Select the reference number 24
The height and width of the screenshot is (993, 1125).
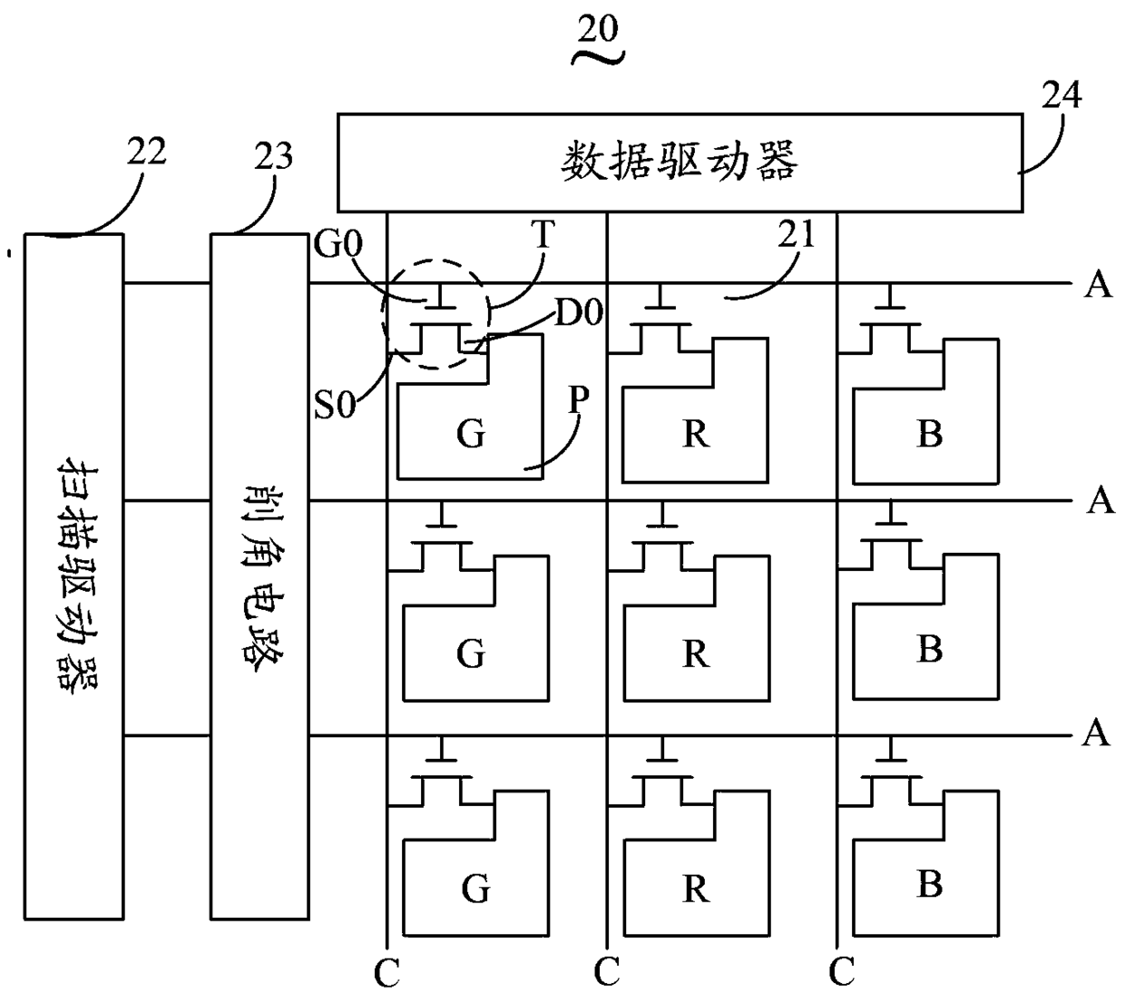(x=1061, y=95)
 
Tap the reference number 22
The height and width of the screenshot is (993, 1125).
(x=146, y=151)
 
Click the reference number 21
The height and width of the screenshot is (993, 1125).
(x=796, y=234)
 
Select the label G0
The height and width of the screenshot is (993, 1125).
(x=337, y=243)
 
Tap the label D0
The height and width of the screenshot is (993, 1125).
(x=579, y=312)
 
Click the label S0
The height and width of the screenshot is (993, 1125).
(x=334, y=405)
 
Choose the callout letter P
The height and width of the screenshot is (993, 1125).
(x=579, y=398)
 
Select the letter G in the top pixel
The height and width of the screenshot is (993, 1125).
(x=471, y=434)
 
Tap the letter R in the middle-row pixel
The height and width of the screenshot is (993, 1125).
(x=696, y=654)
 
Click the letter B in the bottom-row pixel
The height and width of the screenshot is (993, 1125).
(x=930, y=883)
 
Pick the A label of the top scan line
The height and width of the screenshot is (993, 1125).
(x=1099, y=284)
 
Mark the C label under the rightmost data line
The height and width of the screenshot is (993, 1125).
(x=841, y=972)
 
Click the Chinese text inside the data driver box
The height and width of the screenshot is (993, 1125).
(x=680, y=162)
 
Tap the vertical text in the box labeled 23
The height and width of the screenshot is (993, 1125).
(x=263, y=579)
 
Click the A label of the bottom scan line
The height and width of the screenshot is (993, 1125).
(x=1096, y=733)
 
